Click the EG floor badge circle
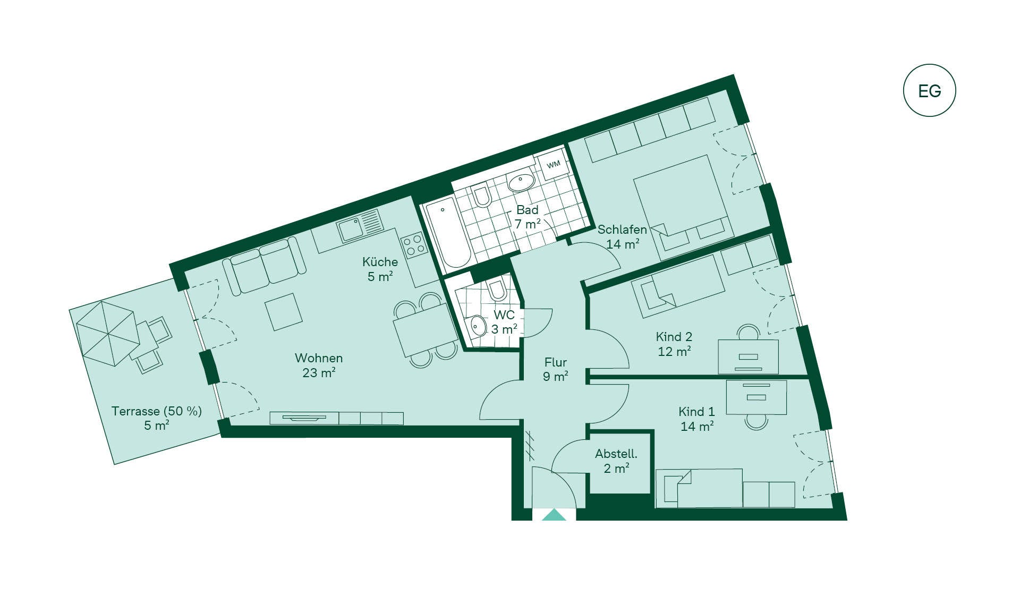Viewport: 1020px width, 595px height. (x=929, y=90)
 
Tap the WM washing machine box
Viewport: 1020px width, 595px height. (x=553, y=164)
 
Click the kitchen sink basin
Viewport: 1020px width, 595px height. (x=351, y=229)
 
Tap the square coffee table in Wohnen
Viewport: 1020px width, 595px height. (x=284, y=312)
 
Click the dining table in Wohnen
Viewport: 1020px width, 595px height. (x=425, y=330)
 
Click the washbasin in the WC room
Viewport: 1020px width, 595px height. (x=478, y=326)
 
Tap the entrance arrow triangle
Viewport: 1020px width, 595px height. (x=554, y=515)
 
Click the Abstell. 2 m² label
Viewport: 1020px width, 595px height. (x=616, y=461)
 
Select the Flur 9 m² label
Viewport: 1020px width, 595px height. (x=556, y=369)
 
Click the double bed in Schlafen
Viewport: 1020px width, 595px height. (x=682, y=207)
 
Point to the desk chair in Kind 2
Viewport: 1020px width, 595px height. (x=749, y=333)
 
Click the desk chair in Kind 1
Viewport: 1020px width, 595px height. (x=756, y=422)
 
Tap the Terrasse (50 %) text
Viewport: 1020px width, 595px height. (x=157, y=411)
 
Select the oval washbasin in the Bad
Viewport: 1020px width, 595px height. (x=521, y=182)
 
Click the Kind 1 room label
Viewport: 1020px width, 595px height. (x=696, y=412)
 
